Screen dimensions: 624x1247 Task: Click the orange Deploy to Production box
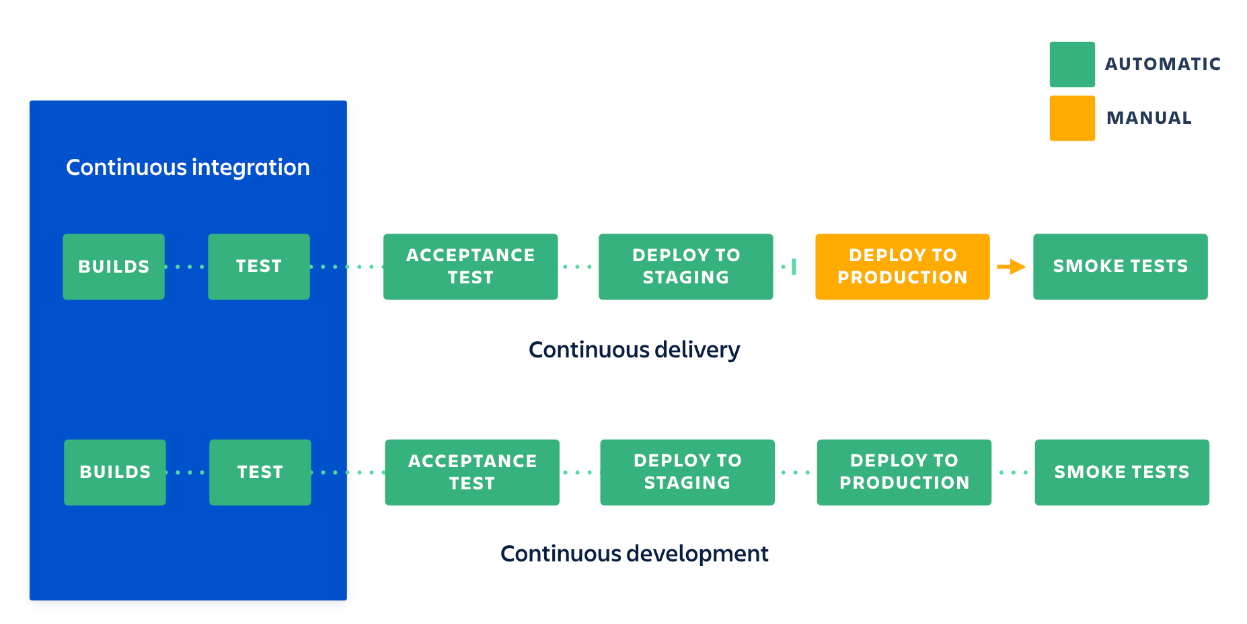pos(902,267)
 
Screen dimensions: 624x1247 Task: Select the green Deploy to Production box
pos(904,472)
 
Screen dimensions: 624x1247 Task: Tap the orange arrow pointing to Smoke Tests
pos(1011,267)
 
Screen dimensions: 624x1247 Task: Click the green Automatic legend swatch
pos(1071,65)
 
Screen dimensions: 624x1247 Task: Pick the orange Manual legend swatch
pos(1071,118)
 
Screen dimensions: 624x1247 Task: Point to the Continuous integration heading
pos(188,167)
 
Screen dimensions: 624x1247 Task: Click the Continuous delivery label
pos(634,350)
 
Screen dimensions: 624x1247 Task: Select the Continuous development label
pos(634,553)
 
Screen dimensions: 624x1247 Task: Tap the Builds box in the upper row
pos(114,267)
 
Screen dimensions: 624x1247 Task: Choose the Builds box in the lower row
pos(115,472)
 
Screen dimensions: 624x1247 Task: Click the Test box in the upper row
pos(259,267)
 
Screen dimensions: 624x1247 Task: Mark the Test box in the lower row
pos(260,472)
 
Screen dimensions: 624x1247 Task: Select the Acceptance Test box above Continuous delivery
pos(470,267)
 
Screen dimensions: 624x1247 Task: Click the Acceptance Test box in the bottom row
pos(472,472)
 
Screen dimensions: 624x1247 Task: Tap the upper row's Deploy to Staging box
pos(685,267)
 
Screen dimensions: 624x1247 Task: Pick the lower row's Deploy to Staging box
pos(687,472)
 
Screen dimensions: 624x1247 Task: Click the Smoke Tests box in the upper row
pos(1120,267)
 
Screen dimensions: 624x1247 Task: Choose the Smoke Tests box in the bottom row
pos(1121,472)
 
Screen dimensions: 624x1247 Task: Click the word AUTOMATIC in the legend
pos(1162,64)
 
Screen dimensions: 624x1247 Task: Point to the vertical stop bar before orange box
pos(794,267)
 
